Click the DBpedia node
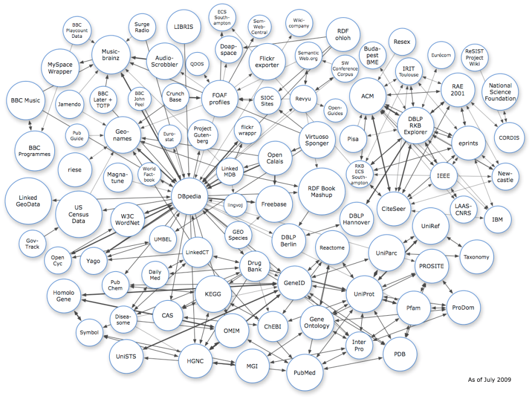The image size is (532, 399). coord(190,196)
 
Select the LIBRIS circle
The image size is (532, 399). coord(183,27)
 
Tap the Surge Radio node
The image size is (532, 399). coord(142,27)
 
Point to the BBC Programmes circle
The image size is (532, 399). coord(34,151)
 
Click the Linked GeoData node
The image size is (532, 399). coord(28,201)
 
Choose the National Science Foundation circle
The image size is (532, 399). coord(500,92)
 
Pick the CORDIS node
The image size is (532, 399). coord(509,138)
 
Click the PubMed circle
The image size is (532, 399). coord(304,372)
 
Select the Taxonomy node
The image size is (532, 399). coord(477,257)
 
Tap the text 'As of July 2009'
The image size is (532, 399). coord(489,380)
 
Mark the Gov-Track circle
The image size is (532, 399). coord(32,244)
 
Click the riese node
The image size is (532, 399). coord(75,170)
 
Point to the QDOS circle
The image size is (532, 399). coord(197,64)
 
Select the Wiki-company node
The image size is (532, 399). coord(299,23)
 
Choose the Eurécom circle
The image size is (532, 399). coord(441,55)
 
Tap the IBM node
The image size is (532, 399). coord(497,220)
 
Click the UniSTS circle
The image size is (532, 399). coord(126,356)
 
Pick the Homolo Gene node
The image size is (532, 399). coord(63,296)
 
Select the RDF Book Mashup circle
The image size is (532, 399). coord(321,191)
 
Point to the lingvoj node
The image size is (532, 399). coord(235,205)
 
